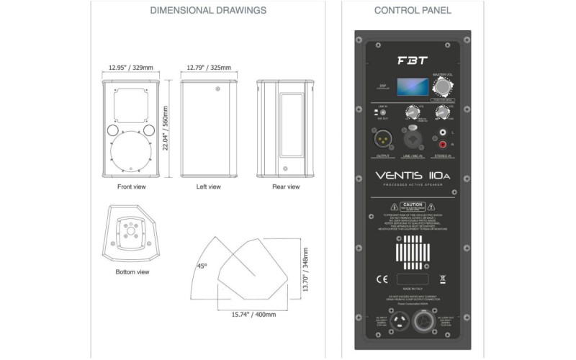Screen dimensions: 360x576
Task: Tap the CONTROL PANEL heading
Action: [412, 11]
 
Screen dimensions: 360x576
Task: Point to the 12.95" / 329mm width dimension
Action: [131, 68]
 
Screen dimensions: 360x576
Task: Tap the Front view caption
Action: [131, 186]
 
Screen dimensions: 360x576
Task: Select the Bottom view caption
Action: [132, 272]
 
